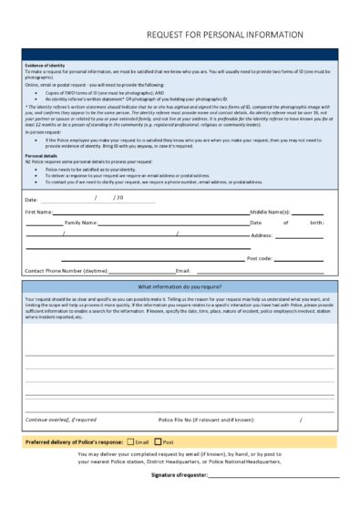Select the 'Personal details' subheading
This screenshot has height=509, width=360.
click(x=41, y=156)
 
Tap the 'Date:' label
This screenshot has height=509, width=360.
click(x=31, y=199)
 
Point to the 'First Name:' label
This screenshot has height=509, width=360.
click(x=38, y=211)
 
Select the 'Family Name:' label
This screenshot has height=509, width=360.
click(x=81, y=223)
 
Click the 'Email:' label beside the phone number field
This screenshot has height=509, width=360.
click(x=182, y=271)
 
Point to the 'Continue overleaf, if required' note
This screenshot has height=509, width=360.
click(x=60, y=420)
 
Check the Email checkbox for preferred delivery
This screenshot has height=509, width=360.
click(x=130, y=441)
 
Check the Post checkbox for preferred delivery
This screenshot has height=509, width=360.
click(x=158, y=441)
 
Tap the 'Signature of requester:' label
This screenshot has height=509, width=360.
click(x=180, y=475)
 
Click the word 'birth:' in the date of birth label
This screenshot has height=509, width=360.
click(x=316, y=223)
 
